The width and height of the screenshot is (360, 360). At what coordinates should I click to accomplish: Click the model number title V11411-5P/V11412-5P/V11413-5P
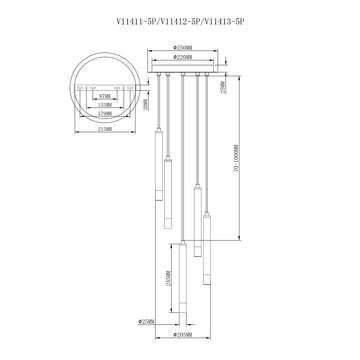coord(180,17)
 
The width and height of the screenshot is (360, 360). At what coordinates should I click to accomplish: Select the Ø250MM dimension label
coord(184,47)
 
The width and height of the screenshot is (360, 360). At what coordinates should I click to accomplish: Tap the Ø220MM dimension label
coord(184,56)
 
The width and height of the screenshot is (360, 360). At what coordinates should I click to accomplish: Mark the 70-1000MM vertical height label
coord(263,186)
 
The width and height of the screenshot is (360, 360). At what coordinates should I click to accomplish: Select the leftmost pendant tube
coord(158,165)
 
